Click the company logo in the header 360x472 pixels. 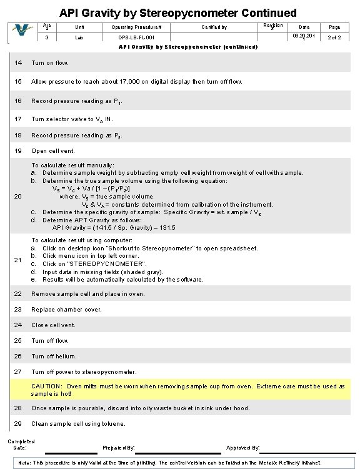click(x=24, y=32)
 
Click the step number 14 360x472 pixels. click(x=18, y=63)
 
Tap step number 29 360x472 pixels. click(x=18, y=423)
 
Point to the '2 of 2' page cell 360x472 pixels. click(x=335, y=38)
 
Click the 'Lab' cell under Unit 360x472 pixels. click(x=79, y=38)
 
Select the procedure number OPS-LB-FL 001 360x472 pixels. click(x=136, y=38)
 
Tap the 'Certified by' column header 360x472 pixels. click(x=214, y=27)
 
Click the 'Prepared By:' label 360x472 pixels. click(x=118, y=448)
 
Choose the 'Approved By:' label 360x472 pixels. click(x=243, y=448)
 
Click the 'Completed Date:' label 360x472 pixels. click(x=21, y=445)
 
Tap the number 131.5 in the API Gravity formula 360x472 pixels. click(x=167, y=227)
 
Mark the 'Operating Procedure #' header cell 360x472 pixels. click(x=136, y=27)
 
